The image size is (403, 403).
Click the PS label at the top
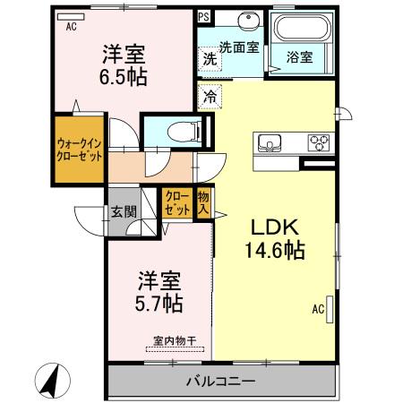(x=204, y=16)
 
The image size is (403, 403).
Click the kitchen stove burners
(x=318, y=141)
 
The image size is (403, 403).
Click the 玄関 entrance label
(x=124, y=212)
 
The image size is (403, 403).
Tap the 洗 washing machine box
(x=209, y=58)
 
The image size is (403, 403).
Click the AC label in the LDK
(x=317, y=310)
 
